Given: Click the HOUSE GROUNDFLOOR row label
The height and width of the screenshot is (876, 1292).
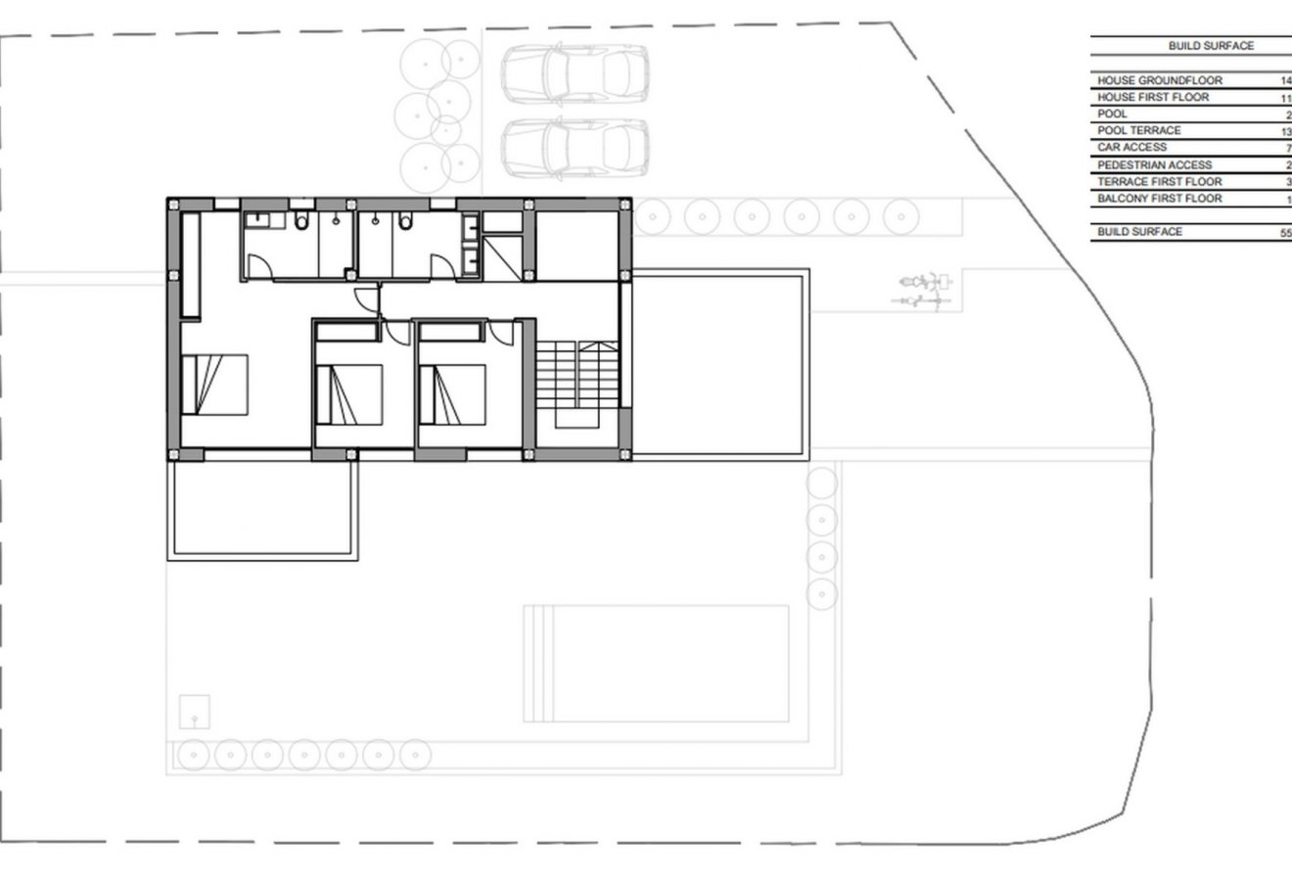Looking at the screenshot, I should click(1159, 80).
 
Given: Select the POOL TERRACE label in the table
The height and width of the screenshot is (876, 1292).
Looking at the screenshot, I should click(1138, 130).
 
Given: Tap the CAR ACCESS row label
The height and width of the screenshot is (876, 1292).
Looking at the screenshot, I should click(1131, 147).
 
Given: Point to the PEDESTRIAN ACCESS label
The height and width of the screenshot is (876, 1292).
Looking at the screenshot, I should click(1154, 164).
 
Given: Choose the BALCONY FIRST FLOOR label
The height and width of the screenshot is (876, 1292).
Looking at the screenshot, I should click(1159, 199).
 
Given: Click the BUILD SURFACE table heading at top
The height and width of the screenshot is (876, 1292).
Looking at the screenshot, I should click(1210, 46).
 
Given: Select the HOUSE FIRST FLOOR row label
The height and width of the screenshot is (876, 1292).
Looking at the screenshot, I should click(1152, 97).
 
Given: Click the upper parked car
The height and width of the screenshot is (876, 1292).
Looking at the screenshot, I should click(576, 75).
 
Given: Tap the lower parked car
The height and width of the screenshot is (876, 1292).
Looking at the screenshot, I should click(576, 149).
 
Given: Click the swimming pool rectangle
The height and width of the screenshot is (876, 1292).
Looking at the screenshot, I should click(656, 663).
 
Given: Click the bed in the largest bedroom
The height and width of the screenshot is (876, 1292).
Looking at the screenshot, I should click(214, 385).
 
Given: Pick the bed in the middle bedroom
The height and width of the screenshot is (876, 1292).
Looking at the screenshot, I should click(349, 394).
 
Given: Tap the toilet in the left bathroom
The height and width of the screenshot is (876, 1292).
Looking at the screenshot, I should click(301, 223).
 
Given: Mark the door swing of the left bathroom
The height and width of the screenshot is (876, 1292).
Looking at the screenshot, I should click(259, 264).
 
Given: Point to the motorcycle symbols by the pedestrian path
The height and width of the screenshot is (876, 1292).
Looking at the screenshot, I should click(923, 291).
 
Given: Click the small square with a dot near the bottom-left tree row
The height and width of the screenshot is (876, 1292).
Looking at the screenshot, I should click(195, 710).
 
